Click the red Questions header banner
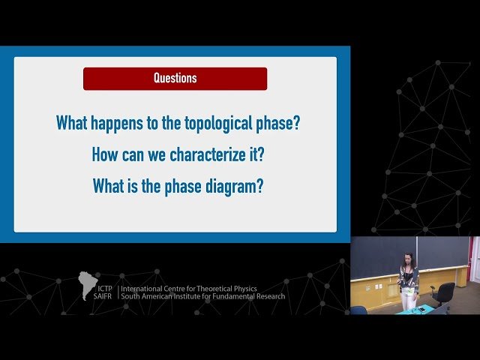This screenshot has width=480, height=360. coord(175,78)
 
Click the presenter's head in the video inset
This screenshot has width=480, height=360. coord(408,259)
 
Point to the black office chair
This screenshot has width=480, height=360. coord(443,293)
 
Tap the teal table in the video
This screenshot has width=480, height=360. coord(416,310)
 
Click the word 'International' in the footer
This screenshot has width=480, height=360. coord(144,288)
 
